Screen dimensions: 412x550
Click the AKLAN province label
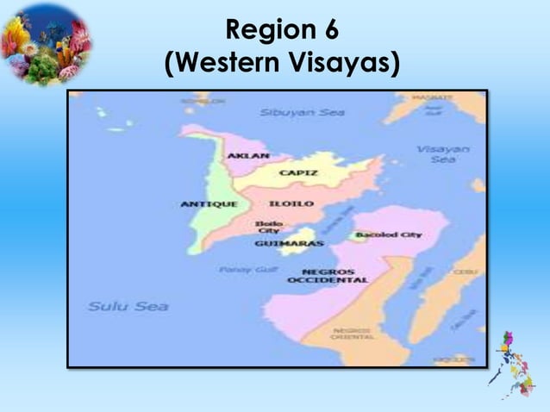(x=247, y=156)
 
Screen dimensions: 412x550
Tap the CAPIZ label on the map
(x=297, y=172)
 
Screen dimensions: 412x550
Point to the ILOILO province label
(x=284, y=204)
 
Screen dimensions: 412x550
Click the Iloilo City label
(x=263, y=227)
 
